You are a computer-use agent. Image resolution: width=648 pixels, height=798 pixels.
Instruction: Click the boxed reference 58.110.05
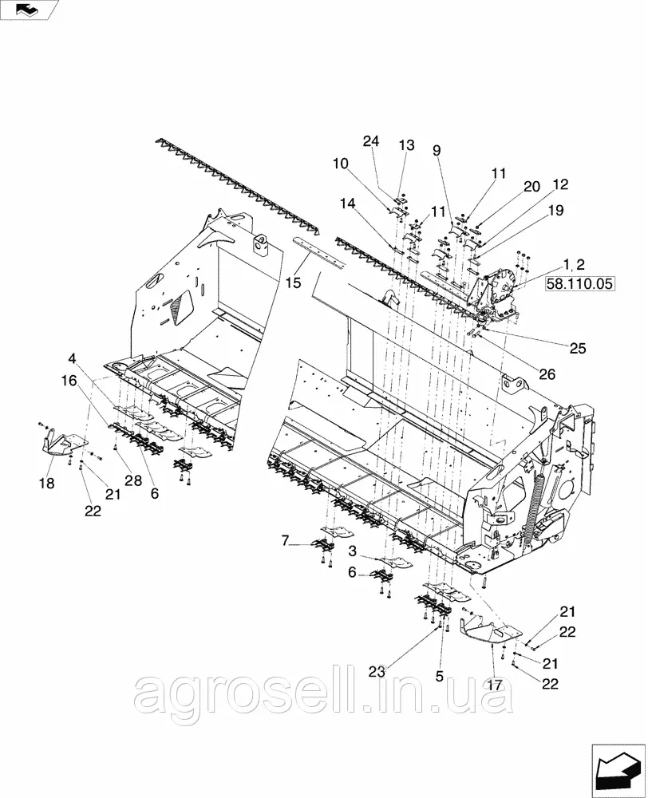pos(579,283)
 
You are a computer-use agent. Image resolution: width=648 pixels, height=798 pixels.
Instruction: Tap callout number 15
pos(293,282)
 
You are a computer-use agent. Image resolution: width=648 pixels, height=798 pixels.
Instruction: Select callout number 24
pos(371,141)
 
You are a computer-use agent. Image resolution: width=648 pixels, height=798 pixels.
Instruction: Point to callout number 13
pos(407,145)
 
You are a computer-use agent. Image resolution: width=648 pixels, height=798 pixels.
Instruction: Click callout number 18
pos(47,483)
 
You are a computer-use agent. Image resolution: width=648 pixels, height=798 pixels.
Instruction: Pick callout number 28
pos(133,480)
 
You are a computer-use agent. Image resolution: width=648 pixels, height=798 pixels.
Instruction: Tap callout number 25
pos(578,348)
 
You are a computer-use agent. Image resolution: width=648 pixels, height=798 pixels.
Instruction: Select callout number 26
pos(547,374)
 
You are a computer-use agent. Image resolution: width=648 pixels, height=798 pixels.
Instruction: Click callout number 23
pos(377,672)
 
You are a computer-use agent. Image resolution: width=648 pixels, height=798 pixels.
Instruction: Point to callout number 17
pos(495,685)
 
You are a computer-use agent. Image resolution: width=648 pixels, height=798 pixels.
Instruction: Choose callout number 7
pos(285,540)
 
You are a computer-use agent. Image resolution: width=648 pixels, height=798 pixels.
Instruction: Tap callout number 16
pos(69,380)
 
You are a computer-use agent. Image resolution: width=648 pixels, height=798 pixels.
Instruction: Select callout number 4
pos(72,358)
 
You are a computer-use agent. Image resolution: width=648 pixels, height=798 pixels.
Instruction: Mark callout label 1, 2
pos(575,264)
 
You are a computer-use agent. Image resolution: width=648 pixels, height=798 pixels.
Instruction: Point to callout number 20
pos(531,187)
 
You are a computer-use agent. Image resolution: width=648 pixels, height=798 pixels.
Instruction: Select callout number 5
pos(440,676)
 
